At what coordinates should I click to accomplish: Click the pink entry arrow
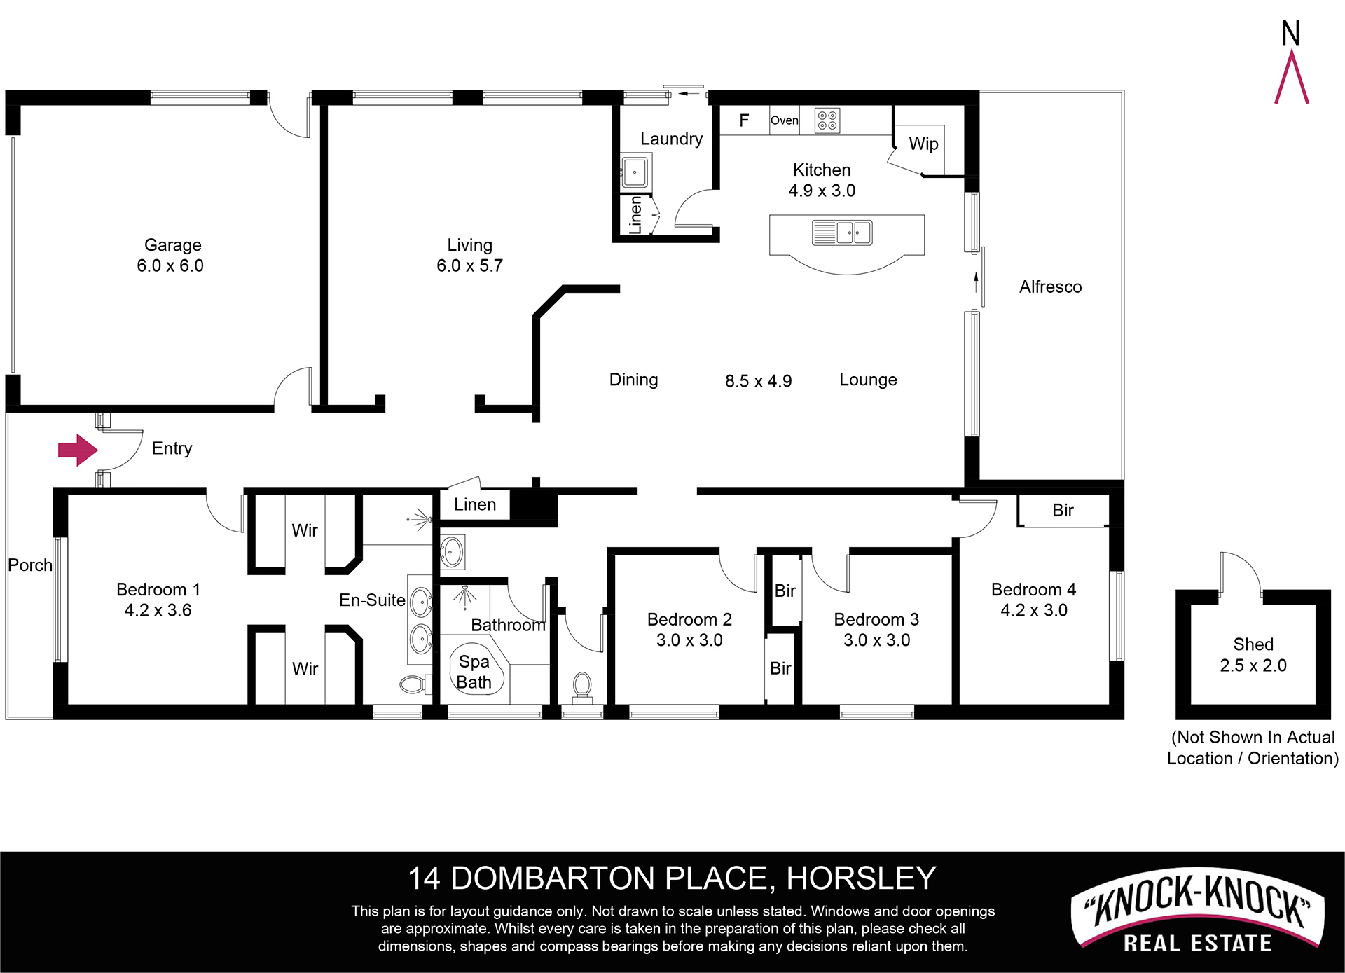coord(77,450)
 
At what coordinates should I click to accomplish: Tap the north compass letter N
coord(1290,33)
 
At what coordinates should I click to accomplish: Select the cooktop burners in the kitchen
coord(827,120)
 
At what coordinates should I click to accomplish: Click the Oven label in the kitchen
coord(784,120)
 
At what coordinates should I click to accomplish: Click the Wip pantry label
coord(923,144)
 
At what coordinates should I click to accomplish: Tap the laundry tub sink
coord(635,172)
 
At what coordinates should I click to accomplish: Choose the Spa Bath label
coord(474,672)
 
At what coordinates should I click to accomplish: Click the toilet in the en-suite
coord(415,684)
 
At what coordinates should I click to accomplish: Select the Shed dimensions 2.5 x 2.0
coord(1253,665)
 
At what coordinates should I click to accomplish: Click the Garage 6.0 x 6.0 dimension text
coord(170,265)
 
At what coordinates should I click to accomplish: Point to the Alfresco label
coord(1050,287)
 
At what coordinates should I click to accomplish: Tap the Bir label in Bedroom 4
coord(1063,510)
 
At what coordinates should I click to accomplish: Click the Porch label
coord(30,565)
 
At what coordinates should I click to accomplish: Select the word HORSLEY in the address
coord(861,878)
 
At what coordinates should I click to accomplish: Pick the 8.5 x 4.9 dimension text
coord(759,381)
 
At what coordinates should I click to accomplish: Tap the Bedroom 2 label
coord(689,619)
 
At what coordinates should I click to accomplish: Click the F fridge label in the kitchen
coord(744,120)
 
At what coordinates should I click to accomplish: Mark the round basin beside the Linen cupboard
coord(451,552)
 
